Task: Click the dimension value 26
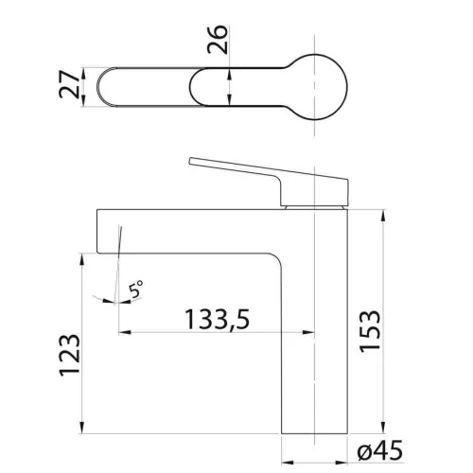click(218, 40)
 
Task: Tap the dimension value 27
click(69, 84)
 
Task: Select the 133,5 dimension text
click(218, 320)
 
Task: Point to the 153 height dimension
click(370, 331)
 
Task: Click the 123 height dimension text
click(70, 355)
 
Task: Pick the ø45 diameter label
click(380, 450)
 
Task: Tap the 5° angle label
click(136, 289)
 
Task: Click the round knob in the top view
click(315, 87)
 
